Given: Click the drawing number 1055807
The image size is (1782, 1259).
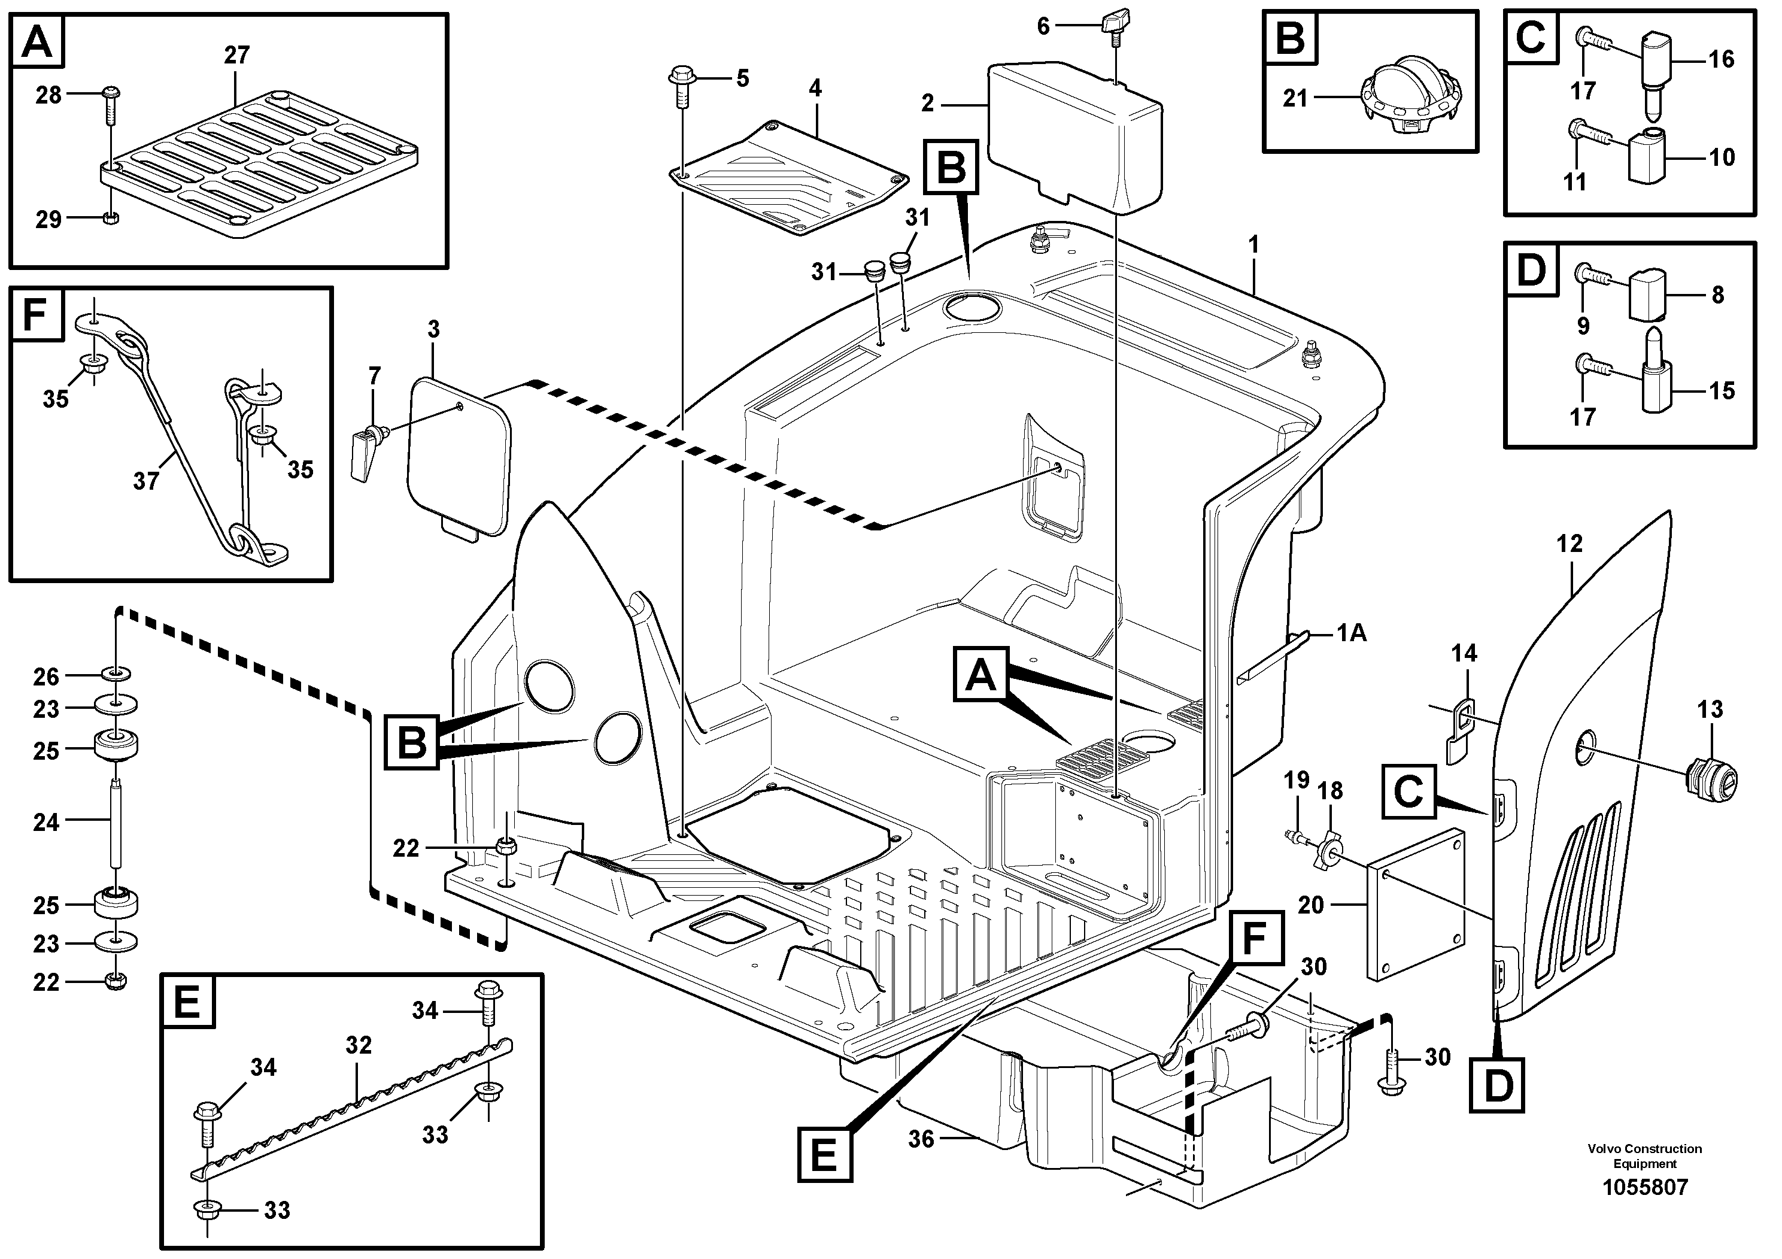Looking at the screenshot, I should click(x=1645, y=1188).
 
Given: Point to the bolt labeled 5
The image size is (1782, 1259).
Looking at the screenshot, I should click(x=681, y=86).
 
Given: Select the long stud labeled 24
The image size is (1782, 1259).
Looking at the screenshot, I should click(x=116, y=823).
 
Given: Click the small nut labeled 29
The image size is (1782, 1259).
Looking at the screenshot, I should click(x=110, y=218).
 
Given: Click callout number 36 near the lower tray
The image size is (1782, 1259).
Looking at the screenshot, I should click(x=921, y=1139).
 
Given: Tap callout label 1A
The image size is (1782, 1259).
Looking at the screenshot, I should click(x=1351, y=633).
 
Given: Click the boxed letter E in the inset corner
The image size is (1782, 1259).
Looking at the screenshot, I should click(x=187, y=1002).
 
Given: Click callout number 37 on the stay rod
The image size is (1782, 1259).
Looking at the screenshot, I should click(x=146, y=481).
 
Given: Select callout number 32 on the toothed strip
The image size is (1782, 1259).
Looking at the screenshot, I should click(x=359, y=1045).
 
